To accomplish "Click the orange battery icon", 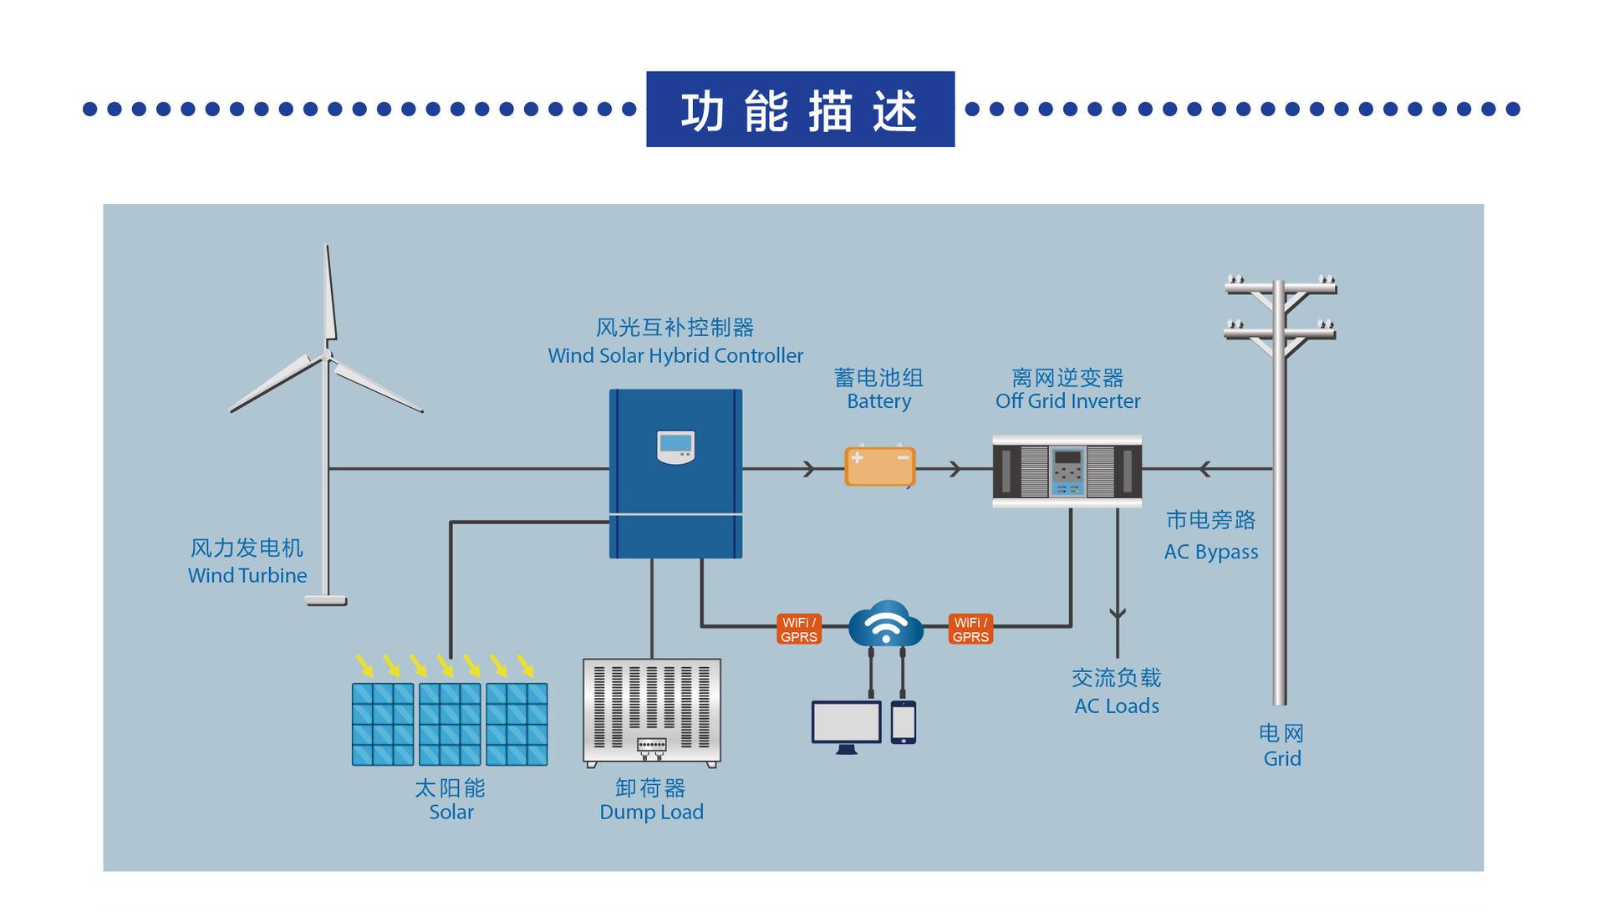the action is click(879, 466).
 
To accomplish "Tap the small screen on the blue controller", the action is click(675, 447).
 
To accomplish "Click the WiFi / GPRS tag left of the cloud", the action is click(798, 629).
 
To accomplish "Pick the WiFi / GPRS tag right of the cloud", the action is click(970, 629).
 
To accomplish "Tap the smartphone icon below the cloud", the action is click(903, 722).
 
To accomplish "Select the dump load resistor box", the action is click(651, 713).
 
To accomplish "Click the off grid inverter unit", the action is click(1067, 471).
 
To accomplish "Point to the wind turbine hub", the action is click(326, 354).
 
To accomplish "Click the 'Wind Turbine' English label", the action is click(247, 575).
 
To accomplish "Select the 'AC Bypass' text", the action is click(1211, 552).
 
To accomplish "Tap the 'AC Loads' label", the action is click(1117, 706).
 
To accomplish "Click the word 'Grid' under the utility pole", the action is click(1282, 758).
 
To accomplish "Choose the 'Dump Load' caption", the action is click(652, 812).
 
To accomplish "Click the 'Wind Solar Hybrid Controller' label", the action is click(675, 355).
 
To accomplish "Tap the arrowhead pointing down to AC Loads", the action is click(1118, 614).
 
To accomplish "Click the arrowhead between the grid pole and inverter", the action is click(1204, 469).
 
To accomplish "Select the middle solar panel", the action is click(450, 724).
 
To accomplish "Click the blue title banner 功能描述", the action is click(800, 110).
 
